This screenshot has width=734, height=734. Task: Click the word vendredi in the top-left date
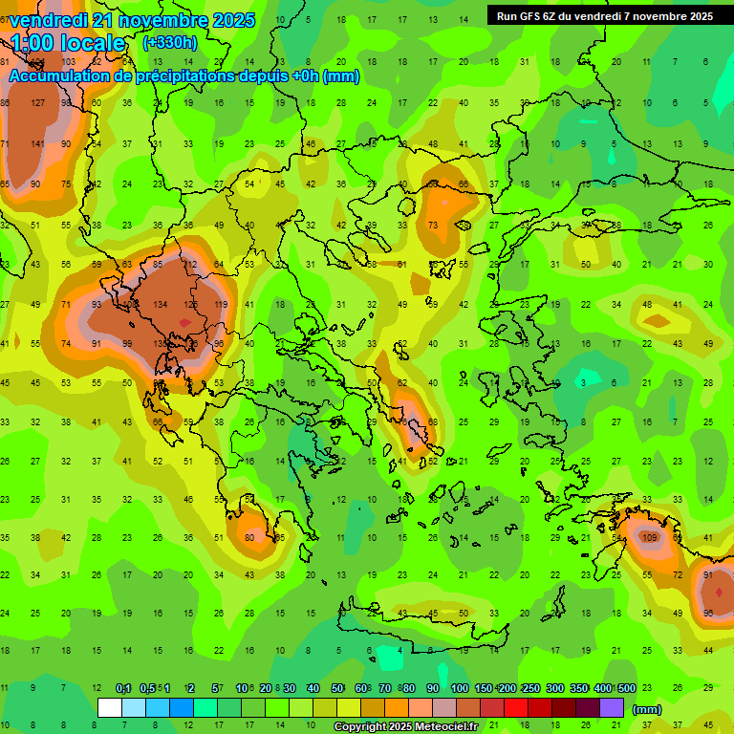coord(48,20)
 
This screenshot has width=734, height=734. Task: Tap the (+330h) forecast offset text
coord(169,43)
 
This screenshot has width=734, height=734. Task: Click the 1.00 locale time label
coord(68,44)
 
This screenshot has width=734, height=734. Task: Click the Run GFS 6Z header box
coord(604,15)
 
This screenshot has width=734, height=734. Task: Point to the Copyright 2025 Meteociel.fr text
coord(407,726)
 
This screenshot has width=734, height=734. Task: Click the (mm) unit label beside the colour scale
coord(647,708)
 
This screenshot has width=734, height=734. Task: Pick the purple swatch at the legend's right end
coord(611,707)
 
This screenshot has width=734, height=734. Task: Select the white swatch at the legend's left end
coord(110,707)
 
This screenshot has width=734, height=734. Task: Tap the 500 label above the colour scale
coord(626,688)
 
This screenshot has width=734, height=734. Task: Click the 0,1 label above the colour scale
coord(123,688)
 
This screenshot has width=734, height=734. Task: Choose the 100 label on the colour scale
coord(459,688)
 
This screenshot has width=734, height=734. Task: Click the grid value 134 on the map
coord(159,304)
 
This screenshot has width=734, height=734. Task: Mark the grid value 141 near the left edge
coord(37,144)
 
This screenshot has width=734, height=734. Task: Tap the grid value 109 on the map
coord(651,537)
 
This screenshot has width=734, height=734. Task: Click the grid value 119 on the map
coord(221,304)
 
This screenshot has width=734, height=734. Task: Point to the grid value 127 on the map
coord(37,103)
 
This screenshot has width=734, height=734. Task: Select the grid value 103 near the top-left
coord(68,62)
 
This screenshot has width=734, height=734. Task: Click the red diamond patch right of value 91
coord(719,594)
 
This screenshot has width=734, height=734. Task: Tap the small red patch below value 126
coord(183,323)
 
